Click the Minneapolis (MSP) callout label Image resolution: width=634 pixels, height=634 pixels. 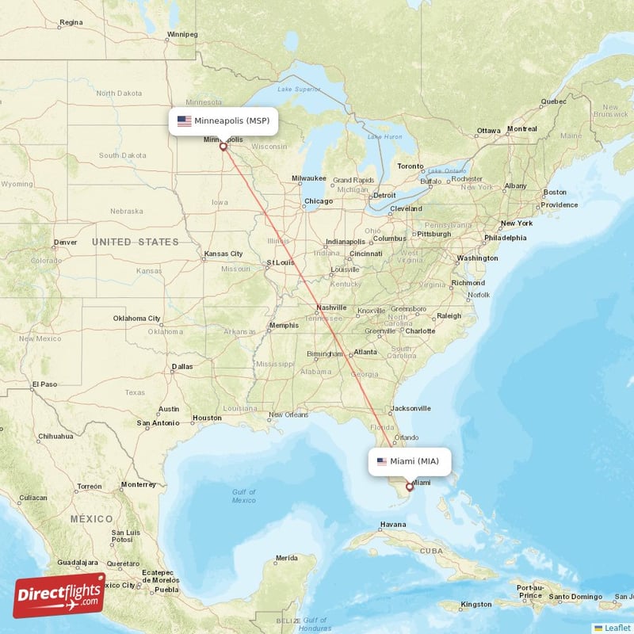pos(223,121)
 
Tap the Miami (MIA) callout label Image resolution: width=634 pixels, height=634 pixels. pos(410,461)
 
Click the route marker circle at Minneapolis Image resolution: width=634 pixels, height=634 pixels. pos(223,147)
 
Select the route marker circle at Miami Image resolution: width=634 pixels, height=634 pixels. pos(410,487)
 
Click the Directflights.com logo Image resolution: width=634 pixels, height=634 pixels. pos(59,595)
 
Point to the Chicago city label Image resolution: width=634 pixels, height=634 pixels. pos(319,201)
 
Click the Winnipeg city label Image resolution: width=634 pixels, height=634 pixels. pos(181,34)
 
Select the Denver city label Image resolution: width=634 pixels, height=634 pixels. pos(65,243)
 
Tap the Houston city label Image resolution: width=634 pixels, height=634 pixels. pos(207,418)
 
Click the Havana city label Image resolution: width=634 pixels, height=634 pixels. pos(392,525)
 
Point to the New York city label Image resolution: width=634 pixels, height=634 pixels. pos(516,223)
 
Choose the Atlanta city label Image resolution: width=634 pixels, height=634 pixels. pos(365,352)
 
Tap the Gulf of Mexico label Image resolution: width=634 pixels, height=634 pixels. pos(243,496)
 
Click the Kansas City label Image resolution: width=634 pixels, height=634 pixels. pos(223,254)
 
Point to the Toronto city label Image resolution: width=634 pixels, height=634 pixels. pos(411,166)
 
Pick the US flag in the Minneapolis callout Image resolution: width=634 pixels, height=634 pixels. pos(184,121)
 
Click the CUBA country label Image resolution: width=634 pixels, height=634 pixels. pos(431,550)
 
